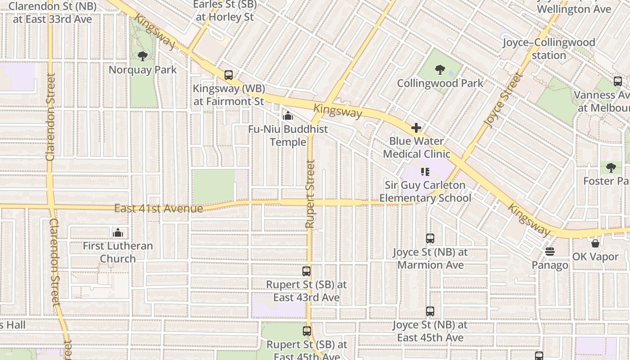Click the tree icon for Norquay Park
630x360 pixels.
pyautogui.click(x=143, y=56)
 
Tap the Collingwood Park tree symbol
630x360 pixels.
pyautogui.click(x=440, y=70)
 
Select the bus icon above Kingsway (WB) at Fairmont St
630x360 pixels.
pyautogui.click(x=229, y=75)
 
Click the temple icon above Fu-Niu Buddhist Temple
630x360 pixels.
pyautogui.click(x=288, y=116)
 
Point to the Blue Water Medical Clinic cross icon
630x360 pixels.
pyautogui.click(x=416, y=128)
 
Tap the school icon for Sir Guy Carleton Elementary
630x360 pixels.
pyautogui.click(x=425, y=171)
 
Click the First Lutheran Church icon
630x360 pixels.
pyautogui.click(x=118, y=233)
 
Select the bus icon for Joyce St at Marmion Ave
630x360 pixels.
pyautogui.click(x=430, y=238)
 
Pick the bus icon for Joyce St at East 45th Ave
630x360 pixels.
pyautogui.click(x=430, y=311)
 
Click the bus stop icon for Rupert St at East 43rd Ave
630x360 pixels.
pyautogui.click(x=306, y=271)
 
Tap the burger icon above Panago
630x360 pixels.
pyautogui.click(x=549, y=252)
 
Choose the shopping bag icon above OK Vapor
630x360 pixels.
pyautogui.click(x=595, y=243)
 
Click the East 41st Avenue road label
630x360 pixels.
pyautogui.click(x=158, y=209)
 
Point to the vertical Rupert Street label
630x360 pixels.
pyautogui.click(x=310, y=193)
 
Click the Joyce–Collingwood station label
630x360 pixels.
pyautogui.click(x=549, y=49)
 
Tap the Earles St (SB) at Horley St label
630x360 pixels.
pyautogui.click(x=225, y=11)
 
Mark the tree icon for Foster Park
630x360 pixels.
pyautogui.click(x=611, y=167)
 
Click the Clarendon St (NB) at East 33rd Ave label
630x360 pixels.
pyautogui.click(x=53, y=13)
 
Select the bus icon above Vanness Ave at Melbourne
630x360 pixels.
pyautogui.click(x=618, y=81)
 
